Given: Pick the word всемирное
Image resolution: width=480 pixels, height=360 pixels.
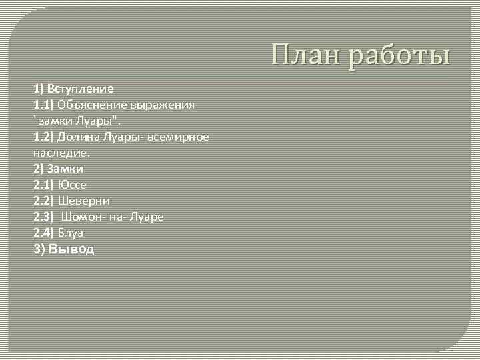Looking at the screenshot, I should [x=179, y=137].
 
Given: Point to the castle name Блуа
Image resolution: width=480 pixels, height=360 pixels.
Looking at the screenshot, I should [x=71, y=233].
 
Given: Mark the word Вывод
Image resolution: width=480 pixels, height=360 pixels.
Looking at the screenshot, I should [x=72, y=249].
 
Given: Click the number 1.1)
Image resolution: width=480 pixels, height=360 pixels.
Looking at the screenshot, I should [x=44, y=105].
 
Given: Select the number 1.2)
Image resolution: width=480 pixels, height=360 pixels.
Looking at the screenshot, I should [x=44, y=137].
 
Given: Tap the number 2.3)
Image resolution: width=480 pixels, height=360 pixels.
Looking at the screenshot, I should [x=44, y=217].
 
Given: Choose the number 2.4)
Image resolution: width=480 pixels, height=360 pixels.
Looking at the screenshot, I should [x=44, y=233].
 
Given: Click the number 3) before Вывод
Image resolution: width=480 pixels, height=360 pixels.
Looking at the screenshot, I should [x=39, y=249].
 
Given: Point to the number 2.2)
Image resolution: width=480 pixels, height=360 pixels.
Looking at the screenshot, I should [x=44, y=201].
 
